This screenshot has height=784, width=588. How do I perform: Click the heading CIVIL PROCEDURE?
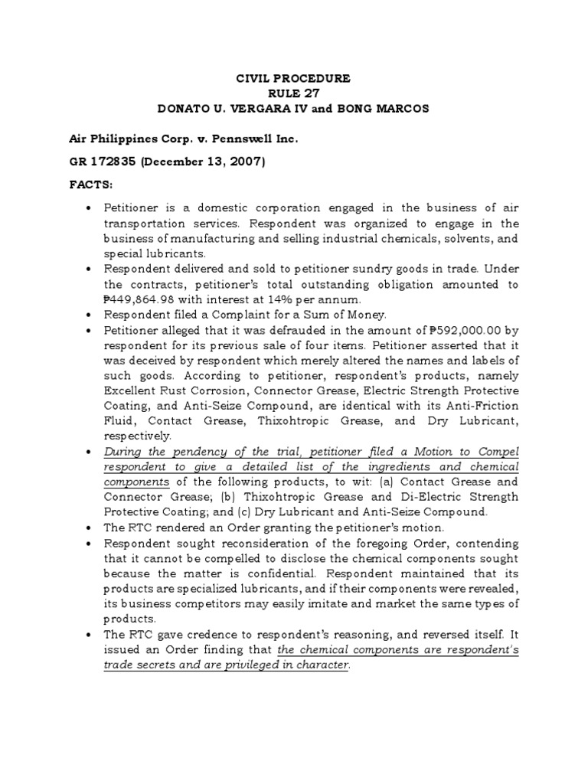pyautogui.click(x=293, y=78)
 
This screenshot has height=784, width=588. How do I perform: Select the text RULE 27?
pyautogui.click(x=293, y=93)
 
